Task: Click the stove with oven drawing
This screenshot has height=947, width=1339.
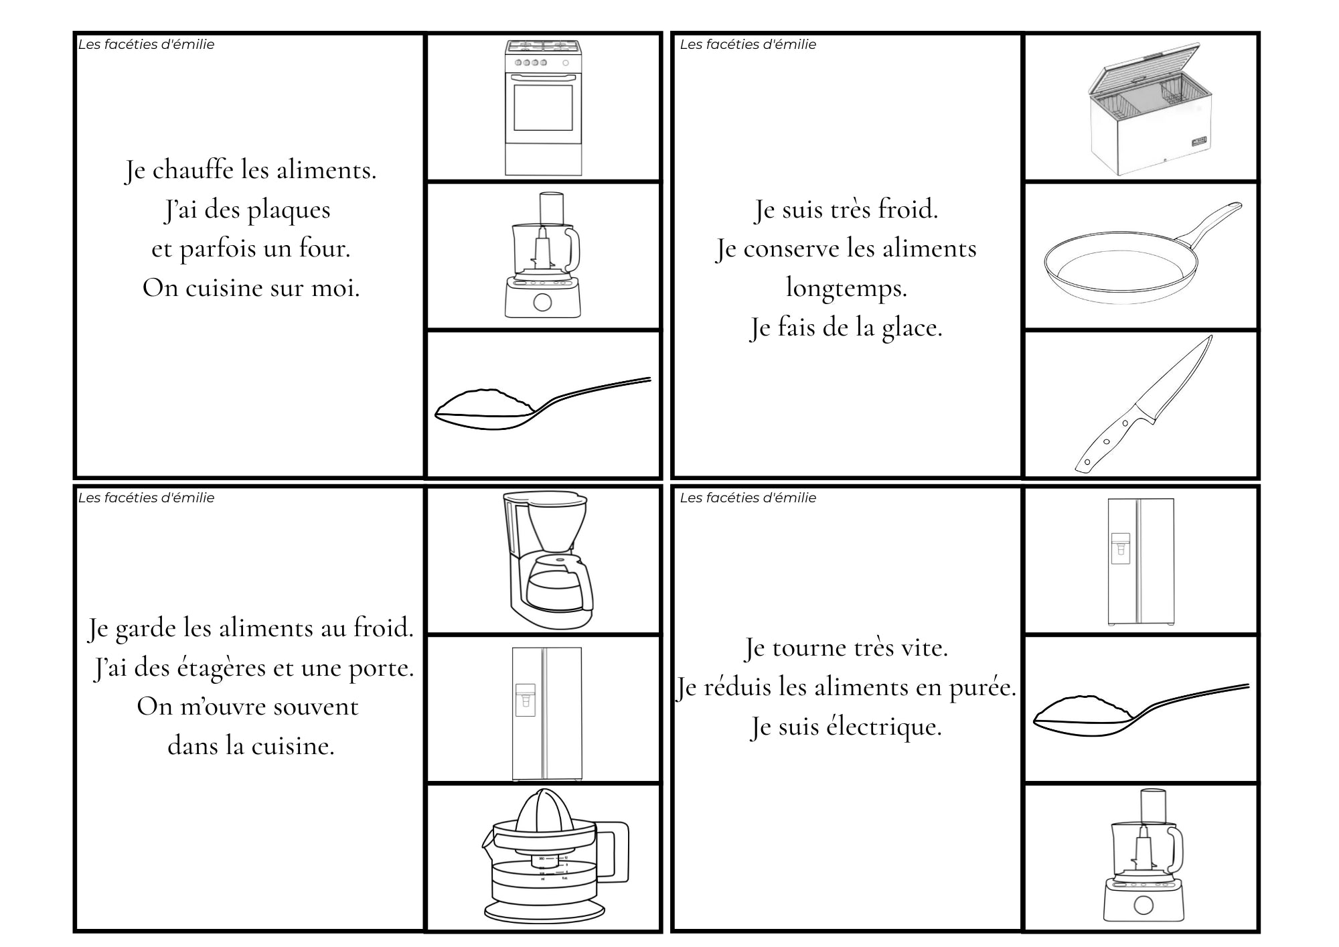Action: coord(543,107)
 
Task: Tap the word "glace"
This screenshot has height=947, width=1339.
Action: coord(912,327)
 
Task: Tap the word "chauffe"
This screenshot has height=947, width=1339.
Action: coord(193,169)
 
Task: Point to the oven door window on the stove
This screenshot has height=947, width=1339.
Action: coord(543,107)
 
